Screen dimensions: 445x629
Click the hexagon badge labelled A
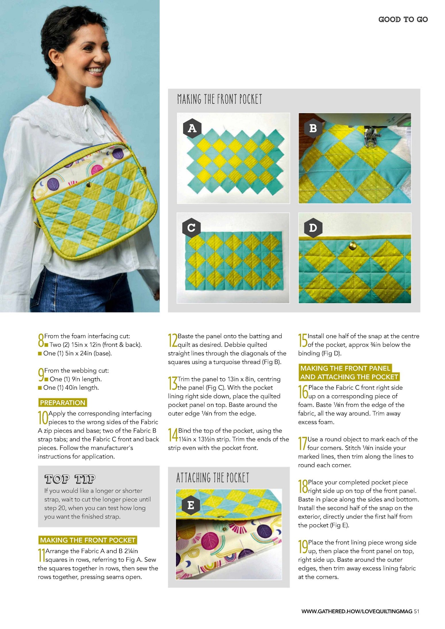tap(192, 128)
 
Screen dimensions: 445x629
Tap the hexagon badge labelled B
tap(313, 128)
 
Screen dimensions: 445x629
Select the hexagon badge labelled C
tap(191, 228)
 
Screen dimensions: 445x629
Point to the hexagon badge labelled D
tap(313, 228)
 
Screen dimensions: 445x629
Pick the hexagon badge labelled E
tap(191, 505)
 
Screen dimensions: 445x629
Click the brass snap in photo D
tap(352, 246)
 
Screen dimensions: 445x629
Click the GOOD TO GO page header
tap(403, 20)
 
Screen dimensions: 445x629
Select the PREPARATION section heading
tap(63, 403)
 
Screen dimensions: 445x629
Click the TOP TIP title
tap(70, 479)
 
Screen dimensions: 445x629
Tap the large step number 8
tap(41, 340)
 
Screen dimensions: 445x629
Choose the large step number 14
tap(173, 435)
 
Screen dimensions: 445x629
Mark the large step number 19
tap(303, 547)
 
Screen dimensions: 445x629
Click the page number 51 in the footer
tap(417, 611)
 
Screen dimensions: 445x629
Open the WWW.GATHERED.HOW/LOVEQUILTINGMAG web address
tap(357, 611)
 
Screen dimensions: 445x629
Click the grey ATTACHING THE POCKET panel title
tap(213, 478)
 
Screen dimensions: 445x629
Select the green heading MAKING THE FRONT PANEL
tap(345, 368)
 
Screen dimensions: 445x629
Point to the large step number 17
tap(303, 443)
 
